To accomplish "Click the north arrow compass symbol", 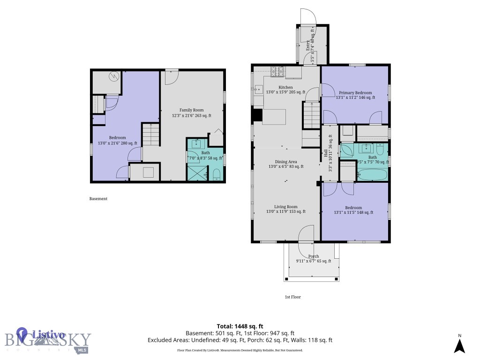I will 460,345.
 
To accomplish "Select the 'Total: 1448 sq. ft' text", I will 240,326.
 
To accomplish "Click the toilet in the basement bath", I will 217,175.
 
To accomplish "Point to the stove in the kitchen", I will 277,71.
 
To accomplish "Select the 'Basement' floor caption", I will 98,199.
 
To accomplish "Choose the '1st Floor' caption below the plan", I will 292,297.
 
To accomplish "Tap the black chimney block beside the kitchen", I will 257,115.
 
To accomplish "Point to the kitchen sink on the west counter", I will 258,89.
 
